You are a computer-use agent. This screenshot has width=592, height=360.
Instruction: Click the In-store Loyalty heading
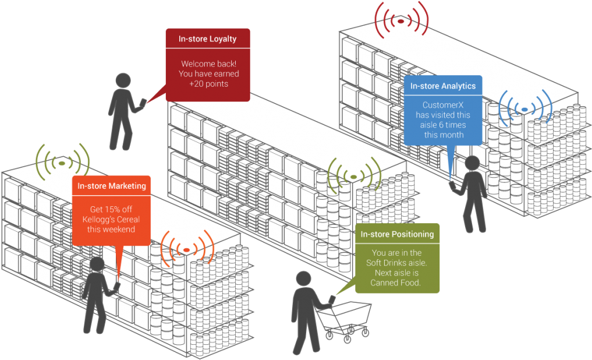tap(207, 39)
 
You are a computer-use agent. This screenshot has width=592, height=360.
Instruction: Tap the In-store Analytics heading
tap(442, 86)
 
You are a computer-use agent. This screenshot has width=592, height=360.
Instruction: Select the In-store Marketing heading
tap(112, 186)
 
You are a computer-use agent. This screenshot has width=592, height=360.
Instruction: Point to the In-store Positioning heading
tap(397, 234)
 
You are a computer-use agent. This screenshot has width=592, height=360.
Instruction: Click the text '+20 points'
tap(208, 84)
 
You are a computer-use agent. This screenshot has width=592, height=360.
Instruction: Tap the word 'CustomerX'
tap(443, 105)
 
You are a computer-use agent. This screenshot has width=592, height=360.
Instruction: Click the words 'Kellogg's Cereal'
tap(111, 219)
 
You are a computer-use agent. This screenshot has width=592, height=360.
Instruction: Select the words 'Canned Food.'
tap(396, 283)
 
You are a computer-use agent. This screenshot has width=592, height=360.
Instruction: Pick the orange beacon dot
tap(187, 250)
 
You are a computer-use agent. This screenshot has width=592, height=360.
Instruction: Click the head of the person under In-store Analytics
tap(472, 164)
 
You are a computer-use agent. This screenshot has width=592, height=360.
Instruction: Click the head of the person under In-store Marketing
tap(96, 265)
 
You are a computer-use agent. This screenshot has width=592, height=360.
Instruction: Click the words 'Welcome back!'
tap(208, 63)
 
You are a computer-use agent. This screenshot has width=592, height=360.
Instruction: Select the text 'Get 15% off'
tap(111, 209)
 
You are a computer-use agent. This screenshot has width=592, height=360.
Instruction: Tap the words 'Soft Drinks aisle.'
tap(396, 263)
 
